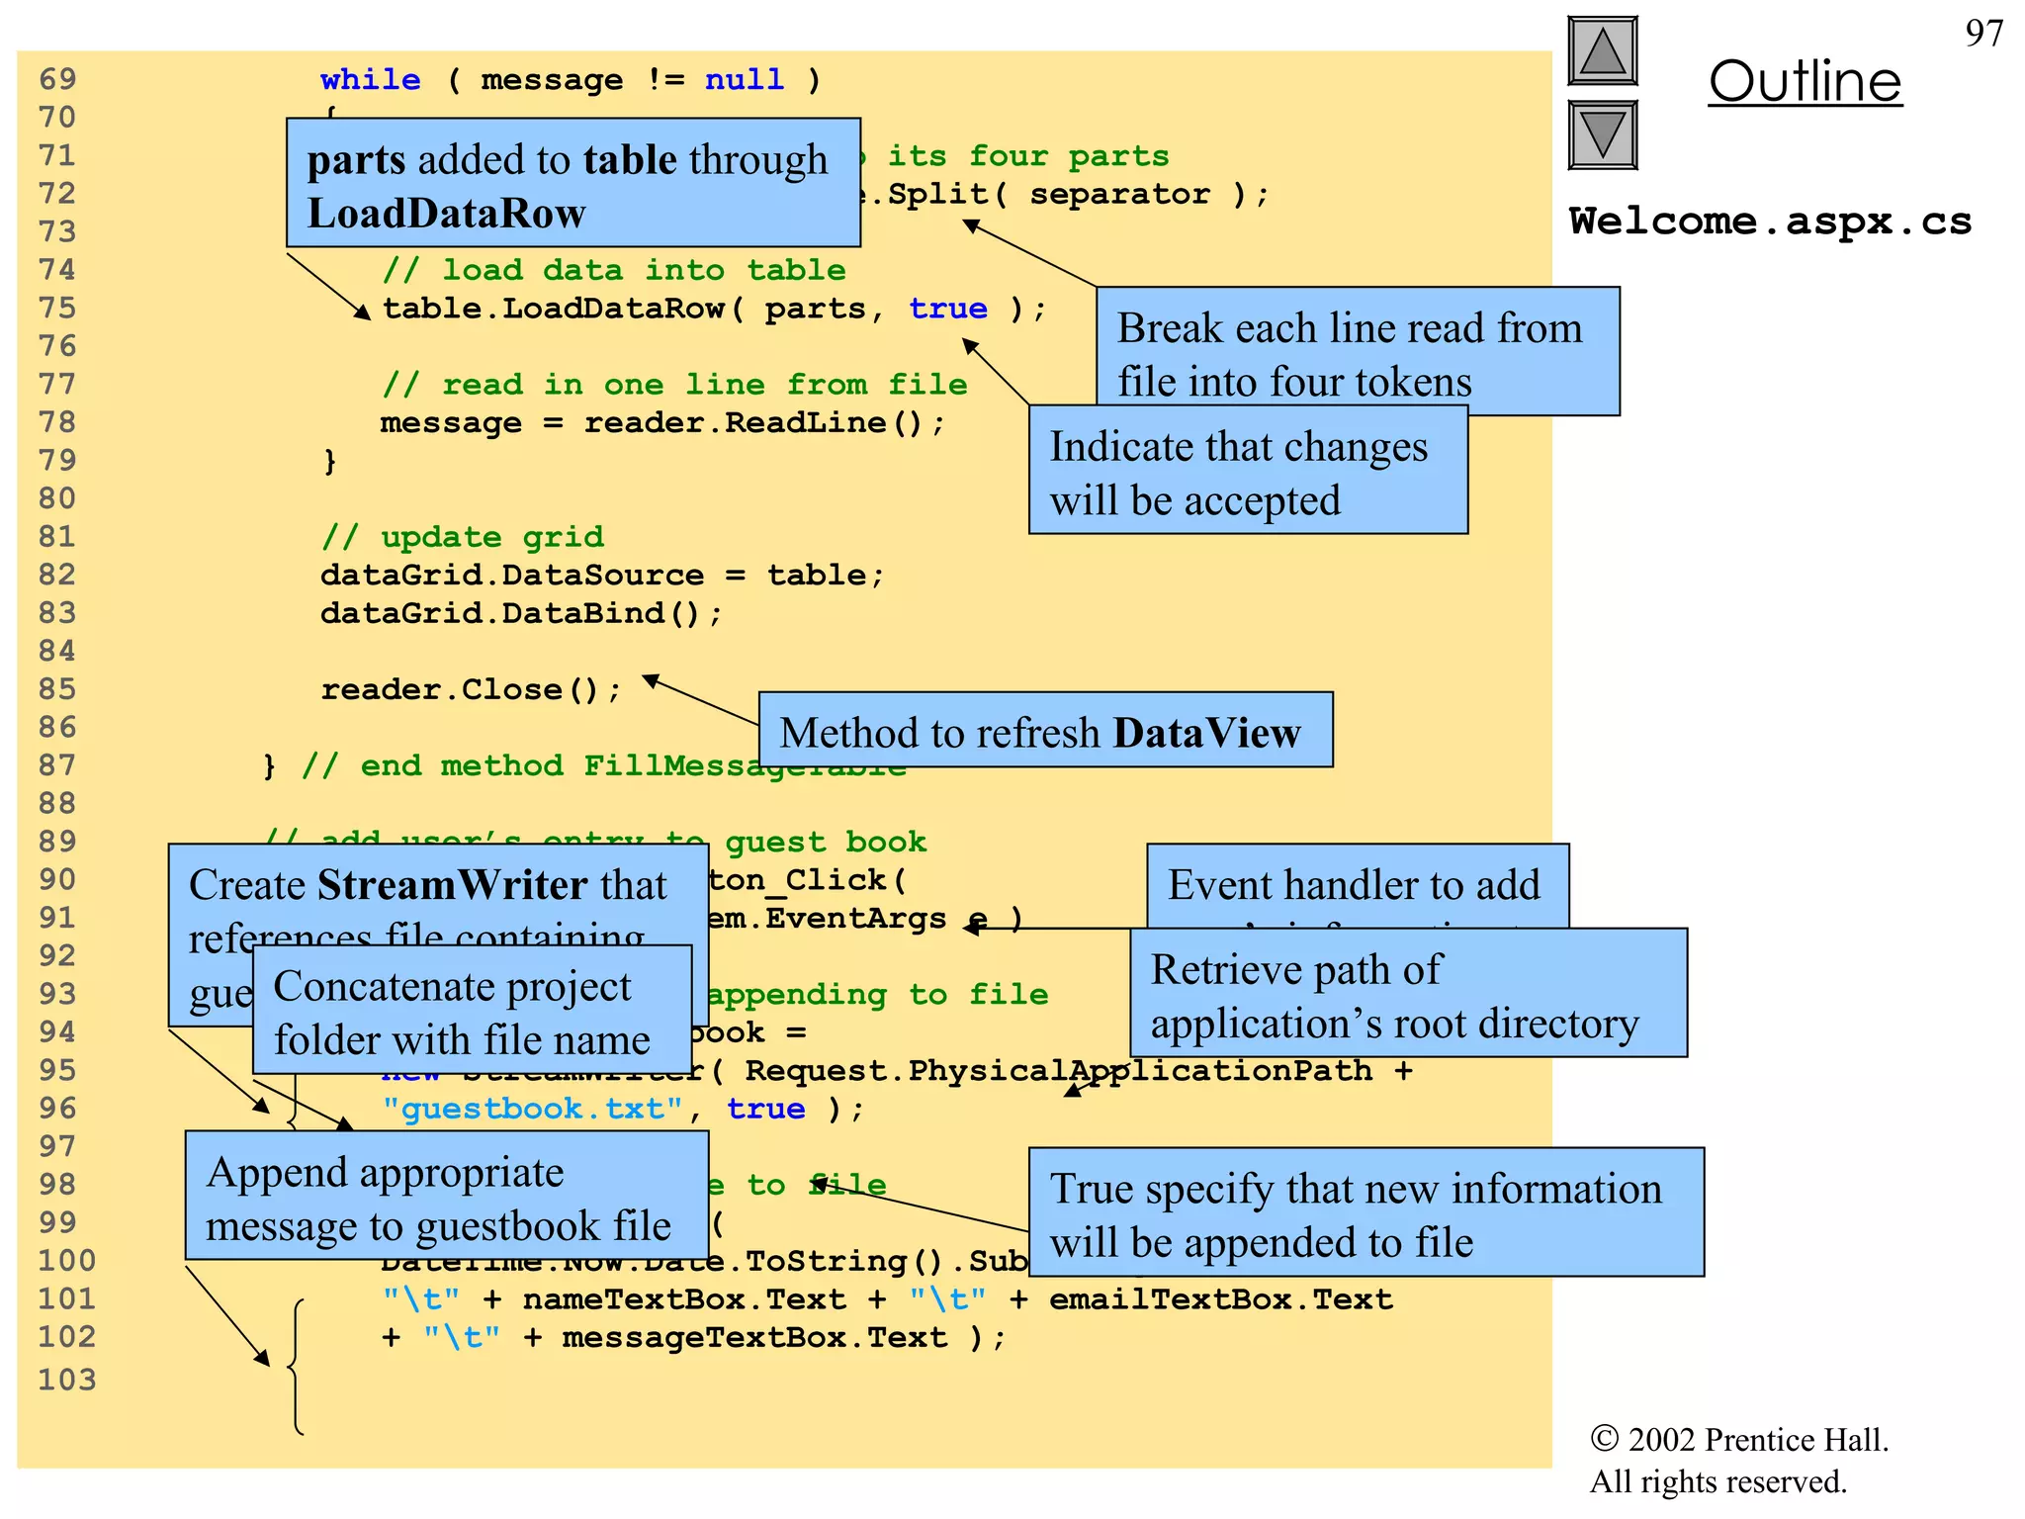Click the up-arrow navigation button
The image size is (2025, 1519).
click(1602, 51)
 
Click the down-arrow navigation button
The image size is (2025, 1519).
click(1602, 135)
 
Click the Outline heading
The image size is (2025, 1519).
click(1805, 81)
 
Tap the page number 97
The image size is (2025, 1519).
click(1983, 34)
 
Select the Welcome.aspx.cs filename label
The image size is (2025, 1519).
click(1770, 222)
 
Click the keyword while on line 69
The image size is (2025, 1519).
click(370, 79)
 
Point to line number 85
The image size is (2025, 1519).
click(57, 689)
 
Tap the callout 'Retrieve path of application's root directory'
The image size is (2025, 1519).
click(1407, 995)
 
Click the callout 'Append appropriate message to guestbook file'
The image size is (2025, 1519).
click(445, 1198)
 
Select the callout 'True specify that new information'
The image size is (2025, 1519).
click(1365, 1213)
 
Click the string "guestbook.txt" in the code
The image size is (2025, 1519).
click(532, 1109)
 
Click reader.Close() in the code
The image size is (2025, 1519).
click(471, 689)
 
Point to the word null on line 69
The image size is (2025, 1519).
click(744, 79)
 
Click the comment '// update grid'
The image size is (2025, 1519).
click(462, 537)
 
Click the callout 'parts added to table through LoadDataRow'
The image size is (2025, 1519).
click(572, 185)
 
